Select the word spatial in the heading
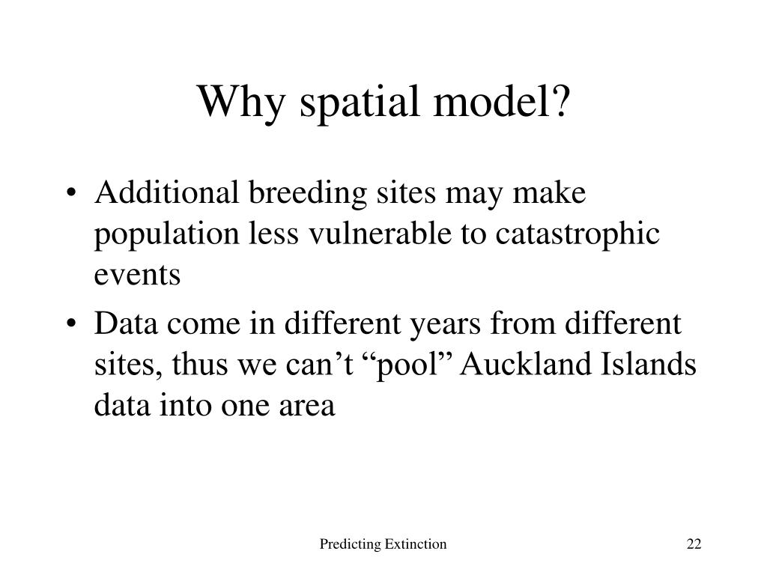click(x=360, y=103)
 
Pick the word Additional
click(x=167, y=192)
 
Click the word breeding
click(x=308, y=195)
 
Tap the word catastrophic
click(x=577, y=236)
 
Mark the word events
click(x=138, y=276)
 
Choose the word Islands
click(x=648, y=365)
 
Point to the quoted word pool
click(x=413, y=367)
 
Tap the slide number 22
click(x=694, y=544)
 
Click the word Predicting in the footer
click(x=350, y=544)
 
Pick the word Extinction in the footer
click(x=416, y=544)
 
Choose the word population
click(x=167, y=236)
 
